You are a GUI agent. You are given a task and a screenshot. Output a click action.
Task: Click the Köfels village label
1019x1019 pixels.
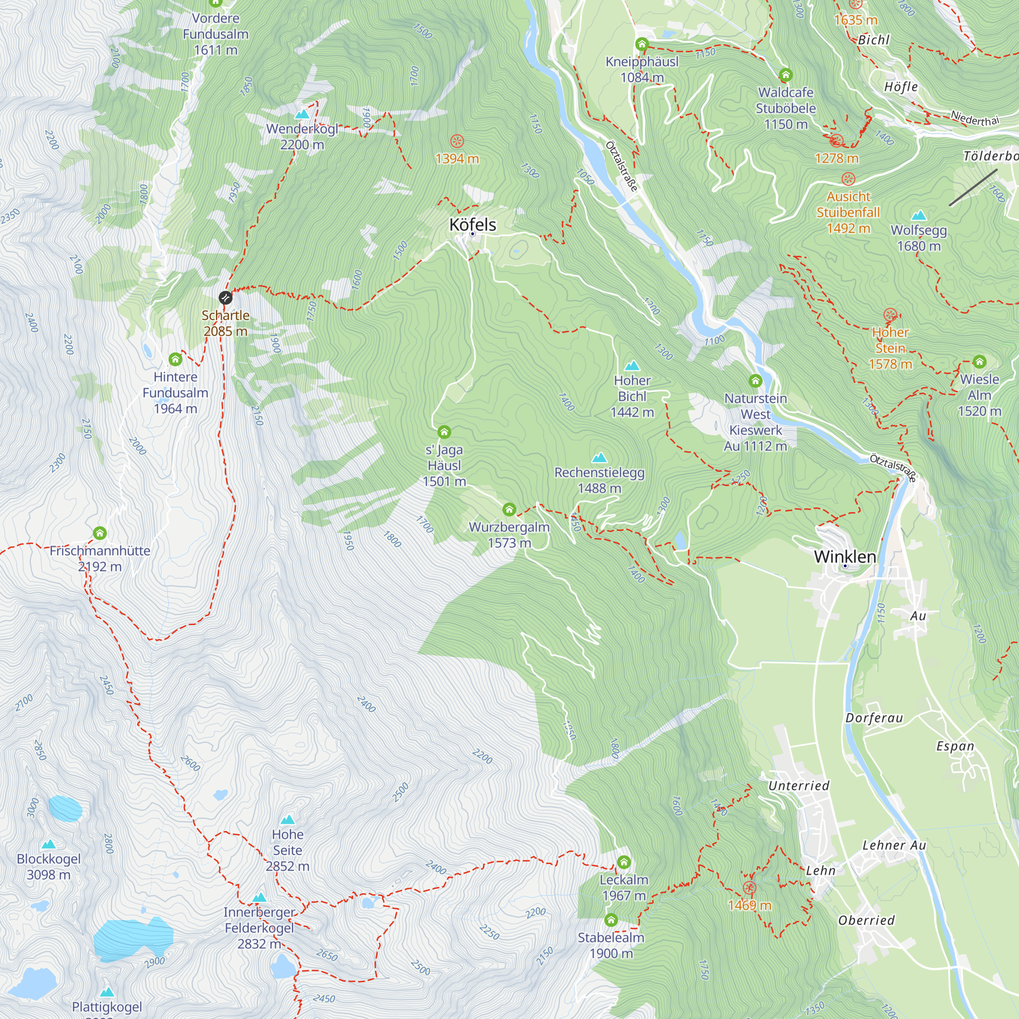click(473, 225)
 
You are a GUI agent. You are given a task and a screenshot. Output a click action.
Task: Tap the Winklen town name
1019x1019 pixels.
click(845, 557)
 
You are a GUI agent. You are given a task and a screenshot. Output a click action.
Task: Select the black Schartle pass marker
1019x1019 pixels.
click(225, 298)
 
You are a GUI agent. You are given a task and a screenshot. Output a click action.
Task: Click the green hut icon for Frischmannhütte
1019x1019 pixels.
click(100, 533)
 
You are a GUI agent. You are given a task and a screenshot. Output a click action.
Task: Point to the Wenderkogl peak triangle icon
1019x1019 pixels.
click(302, 114)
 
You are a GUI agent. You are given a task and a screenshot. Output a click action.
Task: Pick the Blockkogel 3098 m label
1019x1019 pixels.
click(48, 867)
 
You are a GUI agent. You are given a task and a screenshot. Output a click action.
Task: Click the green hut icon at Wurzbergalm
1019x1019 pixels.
click(509, 509)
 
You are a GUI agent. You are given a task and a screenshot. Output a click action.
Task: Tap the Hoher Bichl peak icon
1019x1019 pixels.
click(632, 365)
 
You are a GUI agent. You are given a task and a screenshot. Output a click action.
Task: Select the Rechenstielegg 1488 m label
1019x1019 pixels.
click(599, 480)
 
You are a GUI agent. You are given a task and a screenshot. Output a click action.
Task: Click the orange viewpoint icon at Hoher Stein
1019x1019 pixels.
click(890, 315)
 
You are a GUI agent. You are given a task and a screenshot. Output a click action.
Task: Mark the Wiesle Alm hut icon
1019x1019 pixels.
click(979, 362)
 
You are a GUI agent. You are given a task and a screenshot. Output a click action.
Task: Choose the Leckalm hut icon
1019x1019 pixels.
click(624, 863)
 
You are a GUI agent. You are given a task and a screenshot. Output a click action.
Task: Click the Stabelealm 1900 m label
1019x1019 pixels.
click(611, 945)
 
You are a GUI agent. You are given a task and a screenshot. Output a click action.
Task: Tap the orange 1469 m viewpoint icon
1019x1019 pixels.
click(749, 888)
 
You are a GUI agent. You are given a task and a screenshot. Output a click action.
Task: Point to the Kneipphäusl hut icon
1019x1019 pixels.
click(642, 44)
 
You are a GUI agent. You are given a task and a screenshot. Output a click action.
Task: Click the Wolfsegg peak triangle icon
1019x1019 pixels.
click(919, 215)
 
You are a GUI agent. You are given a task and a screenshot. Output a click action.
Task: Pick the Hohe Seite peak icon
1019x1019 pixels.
click(287, 819)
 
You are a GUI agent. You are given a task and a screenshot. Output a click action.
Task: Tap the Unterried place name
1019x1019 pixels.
click(798, 786)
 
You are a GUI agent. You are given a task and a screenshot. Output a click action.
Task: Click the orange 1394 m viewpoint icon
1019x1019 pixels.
click(458, 141)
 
